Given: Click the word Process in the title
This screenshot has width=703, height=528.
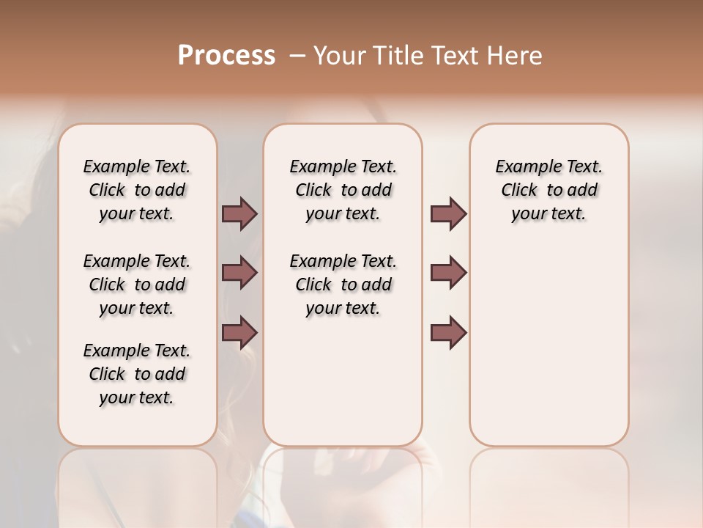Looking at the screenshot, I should pyautogui.click(x=226, y=56).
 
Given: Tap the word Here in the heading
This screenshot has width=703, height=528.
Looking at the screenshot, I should pyautogui.click(x=513, y=56).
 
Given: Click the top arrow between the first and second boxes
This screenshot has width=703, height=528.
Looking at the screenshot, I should pyautogui.click(x=239, y=214).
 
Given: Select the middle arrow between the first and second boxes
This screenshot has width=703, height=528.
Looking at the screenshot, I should pyautogui.click(x=239, y=273).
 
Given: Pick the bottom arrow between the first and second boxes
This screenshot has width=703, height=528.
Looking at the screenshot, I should pyautogui.click(x=239, y=332).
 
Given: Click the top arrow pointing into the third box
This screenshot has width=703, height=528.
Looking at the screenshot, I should pyautogui.click(x=448, y=214).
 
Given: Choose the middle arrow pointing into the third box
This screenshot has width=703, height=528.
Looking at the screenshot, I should pyautogui.click(x=448, y=273).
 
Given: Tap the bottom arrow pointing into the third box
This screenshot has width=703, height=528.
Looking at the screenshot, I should pyautogui.click(x=448, y=332).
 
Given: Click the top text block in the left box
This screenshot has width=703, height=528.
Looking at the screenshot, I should pyautogui.click(x=137, y=190).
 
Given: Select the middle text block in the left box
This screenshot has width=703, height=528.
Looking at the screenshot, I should pyautogui.click(x=137, y=285).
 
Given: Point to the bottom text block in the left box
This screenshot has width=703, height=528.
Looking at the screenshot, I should pyautogui.click(x=137, y=374).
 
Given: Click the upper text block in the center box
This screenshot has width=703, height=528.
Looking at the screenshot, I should pyautogui.click(x=343, y=190).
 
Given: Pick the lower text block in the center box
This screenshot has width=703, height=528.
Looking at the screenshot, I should pyautogui.click(x=343, y=285).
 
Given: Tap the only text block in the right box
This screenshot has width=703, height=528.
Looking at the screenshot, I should pyautogui.click(x=549, y=190).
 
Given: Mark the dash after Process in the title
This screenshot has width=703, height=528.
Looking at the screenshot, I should pyautogui.click(x=297, y=56).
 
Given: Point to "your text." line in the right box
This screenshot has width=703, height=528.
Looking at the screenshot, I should pyautogui.click(x=549, y=214).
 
